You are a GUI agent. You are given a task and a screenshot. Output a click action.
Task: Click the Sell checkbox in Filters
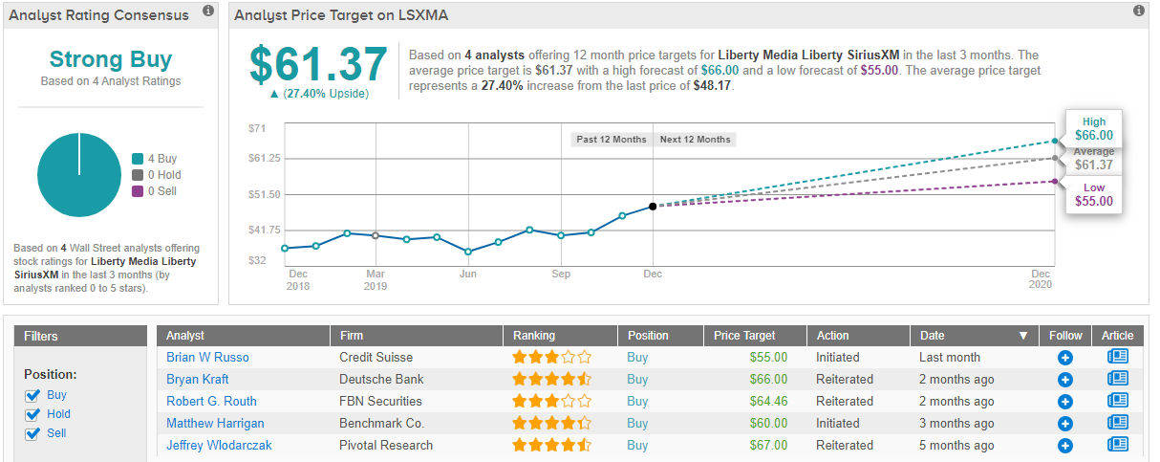(x=32, y=433)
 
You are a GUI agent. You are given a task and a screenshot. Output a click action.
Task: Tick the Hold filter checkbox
(x=32, y=414)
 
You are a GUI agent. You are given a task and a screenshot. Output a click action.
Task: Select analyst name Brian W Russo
(x=207, y=357)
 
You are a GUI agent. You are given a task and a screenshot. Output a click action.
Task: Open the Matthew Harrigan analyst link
(x=215, y=423)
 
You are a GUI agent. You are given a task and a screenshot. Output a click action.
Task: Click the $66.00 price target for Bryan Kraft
(x=768, y=379)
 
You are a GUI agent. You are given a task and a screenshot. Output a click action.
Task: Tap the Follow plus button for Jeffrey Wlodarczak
(x=1065, y=445)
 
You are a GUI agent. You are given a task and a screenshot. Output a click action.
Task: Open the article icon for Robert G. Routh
(x=1117, y=401)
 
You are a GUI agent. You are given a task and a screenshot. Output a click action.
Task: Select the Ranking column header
(x=534, y=336)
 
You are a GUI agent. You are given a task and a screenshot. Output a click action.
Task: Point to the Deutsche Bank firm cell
(x=381, y=379)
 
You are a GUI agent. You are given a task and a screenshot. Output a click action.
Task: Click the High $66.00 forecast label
(x=1094, y=130)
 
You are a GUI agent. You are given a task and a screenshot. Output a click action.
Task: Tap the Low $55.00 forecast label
(x=1094, y=194)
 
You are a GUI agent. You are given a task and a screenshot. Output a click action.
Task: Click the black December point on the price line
(x=653, y=206)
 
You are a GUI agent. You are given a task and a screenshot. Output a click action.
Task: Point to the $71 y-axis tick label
(x=257, y=128)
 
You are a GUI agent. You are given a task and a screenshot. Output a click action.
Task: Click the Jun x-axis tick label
(x=468, y=275)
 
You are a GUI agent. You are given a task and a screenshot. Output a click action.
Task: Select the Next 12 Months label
(x=695, y=140)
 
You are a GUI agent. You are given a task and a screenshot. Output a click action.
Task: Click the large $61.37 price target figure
(x=318, y=64)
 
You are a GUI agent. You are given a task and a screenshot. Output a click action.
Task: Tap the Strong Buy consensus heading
(x=111, y=59)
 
